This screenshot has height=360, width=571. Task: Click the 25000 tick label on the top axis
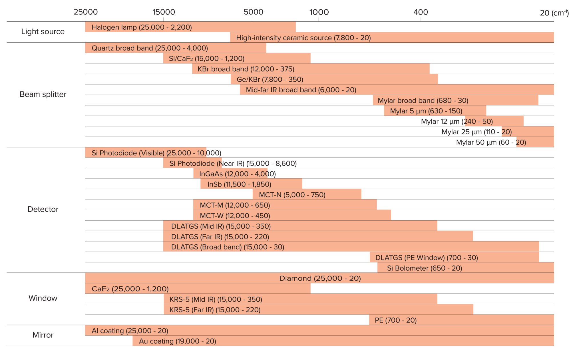coord(86,12)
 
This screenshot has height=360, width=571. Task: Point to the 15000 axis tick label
coord(164,12)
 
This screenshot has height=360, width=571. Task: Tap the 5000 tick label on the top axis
coord(253,12)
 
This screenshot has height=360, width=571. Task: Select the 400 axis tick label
coord(421,12)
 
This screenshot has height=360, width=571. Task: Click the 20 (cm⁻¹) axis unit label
coord(554,13)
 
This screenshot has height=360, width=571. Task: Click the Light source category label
coord(43,31)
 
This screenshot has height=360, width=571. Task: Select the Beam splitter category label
coord(43,94)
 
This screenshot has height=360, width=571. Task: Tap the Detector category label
coord(43,209)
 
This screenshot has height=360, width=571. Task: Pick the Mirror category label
coord(43,335)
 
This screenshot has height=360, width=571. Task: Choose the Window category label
coord(43,298)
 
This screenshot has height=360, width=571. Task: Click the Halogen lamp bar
coord(190,27)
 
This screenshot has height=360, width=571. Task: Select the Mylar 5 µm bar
coord(435,111)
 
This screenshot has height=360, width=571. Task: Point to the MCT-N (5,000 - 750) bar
coord(307,194)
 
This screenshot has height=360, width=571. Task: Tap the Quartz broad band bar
coord(175,48)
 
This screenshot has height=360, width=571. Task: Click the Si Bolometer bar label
coord(424,268)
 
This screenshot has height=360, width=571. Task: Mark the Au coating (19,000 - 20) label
coord(177,341)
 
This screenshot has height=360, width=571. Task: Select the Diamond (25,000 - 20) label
coord(320,278)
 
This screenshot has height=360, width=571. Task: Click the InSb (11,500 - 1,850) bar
coord(251,184)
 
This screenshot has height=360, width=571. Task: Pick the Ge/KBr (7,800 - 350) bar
coord(334,79)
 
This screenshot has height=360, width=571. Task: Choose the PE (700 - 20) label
coord(396,320)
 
